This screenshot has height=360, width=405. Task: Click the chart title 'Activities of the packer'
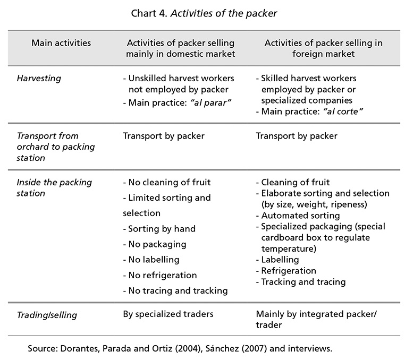pyautogui.click(x=224, y=13)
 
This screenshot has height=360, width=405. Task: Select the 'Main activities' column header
pyautogui.click(x=61, y=43)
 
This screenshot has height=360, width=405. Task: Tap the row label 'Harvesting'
pyautogui.click(x=39, y=79)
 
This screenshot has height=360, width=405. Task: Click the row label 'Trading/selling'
pyautogui.click(x=47, y=315)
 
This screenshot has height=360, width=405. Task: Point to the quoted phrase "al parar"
pyautogui.click(x=210, y=102)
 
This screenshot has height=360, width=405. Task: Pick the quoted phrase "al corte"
pyautogui.click(x=343, y=112)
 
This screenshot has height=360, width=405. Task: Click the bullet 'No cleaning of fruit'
pyautogui.click(x=167, y=183)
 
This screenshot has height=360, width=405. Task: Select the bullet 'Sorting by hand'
pyautogui.click(x=159, y=229)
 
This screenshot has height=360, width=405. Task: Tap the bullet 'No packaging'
pyautogui.click(x=155, y=244)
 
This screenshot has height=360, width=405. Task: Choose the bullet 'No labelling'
pyautogui.click(x=151, y=260)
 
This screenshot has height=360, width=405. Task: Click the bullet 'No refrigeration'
pyautogui.click(x=160, y=275)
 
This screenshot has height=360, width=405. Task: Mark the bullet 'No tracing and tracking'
pyautogui.click(x=175, y=290)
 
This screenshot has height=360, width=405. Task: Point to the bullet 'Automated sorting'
pyautogui.click(x=298, y=216)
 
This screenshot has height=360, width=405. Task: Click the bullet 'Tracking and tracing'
pyautogui.click(x=301, y=282)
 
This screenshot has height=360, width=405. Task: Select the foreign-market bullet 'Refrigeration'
pyautogui.click(x=286, y=271)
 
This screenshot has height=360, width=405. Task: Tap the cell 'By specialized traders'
pyautogui.click(x=168, y=314)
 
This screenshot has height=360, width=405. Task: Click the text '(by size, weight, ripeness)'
pyautogui.click(x=314, y=204)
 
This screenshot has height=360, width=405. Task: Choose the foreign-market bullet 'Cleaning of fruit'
pyautogui.click(x=293, y=183)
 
